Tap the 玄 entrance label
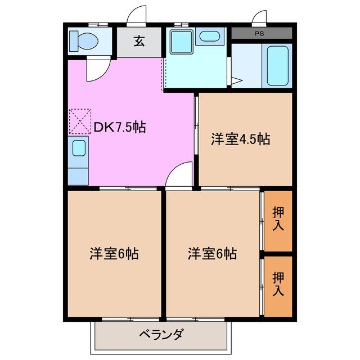(x=138, y=41)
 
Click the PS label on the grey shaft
(x=259, y=33)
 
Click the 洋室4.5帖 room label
(x=241, y=139)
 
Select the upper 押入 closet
(x=278, y=220)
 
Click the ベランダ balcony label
(x=161, y=336)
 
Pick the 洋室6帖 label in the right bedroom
(x=212, y=254)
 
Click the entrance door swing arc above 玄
(x=137, y=16)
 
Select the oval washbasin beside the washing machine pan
(x=209, y=37)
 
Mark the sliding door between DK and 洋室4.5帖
(x=196, y=126)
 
